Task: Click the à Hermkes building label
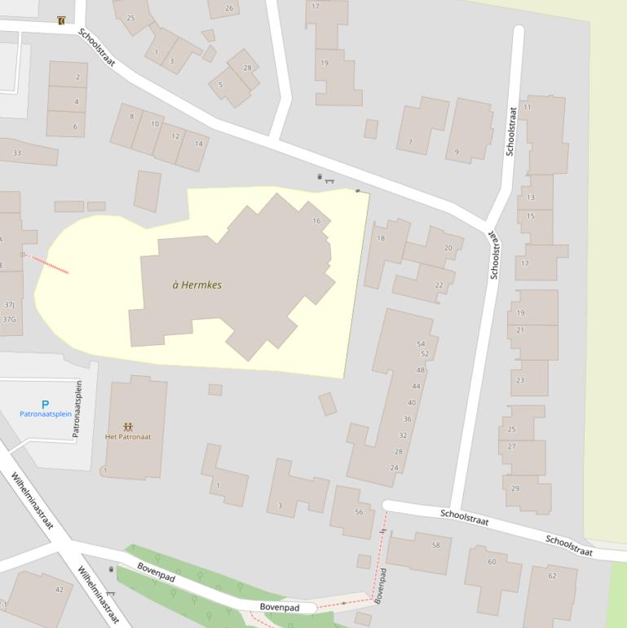click(x=197, y=285)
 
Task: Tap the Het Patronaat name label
click(x=128, y=437)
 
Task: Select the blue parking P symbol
click(x=45, y=405)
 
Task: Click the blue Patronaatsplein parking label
click(x=46, y=414)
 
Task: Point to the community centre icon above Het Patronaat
click(x=128, y=427)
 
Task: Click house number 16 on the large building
click(x=316, y=221)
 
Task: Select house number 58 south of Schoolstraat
click(x=436, y=545)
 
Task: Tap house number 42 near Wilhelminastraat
click(x=59, y=590)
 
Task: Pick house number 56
click(x=359, y=512)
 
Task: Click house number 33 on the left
click(x=17, y=153)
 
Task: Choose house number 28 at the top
click(x=248, y=68)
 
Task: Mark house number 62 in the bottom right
click(x=552, y=576)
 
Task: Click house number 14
click(x=198, y=144)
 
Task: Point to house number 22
click(x=439, y=285)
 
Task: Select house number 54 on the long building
click(x=421, y=344)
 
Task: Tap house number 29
click(x=514, y=489)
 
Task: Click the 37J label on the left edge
click(x=9, y=305)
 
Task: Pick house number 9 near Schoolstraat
click(x=457, y=152)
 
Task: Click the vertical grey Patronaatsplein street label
click(x=79, y=409)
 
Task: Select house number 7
click(x=410, y=143)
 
